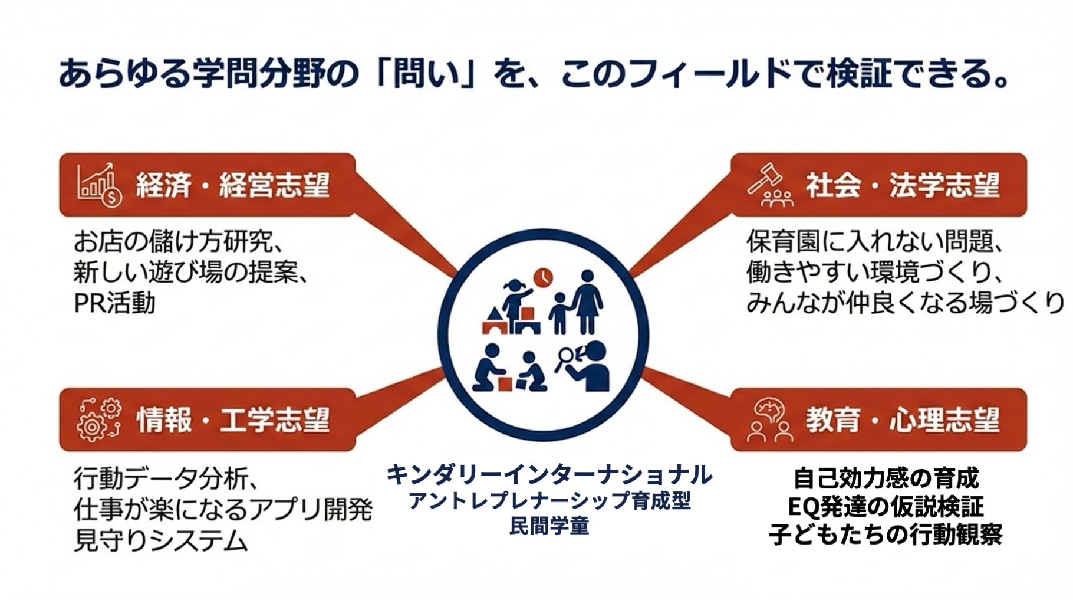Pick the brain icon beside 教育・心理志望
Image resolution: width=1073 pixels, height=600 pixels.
point(770,419)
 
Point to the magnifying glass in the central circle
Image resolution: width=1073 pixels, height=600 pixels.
point(566,357)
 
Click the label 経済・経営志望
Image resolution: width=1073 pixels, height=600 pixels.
point(232,185)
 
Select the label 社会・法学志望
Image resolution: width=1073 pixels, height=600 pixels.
point(903,185)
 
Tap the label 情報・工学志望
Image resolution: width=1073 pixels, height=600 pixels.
point(232,420)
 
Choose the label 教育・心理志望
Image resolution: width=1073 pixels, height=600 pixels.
point(903,420)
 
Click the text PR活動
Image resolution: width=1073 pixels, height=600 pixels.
point(114,303)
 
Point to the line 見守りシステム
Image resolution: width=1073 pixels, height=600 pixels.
point(160,540)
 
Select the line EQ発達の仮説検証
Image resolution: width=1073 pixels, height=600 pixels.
point(885,507)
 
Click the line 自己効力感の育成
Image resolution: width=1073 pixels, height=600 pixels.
point(885,478)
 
